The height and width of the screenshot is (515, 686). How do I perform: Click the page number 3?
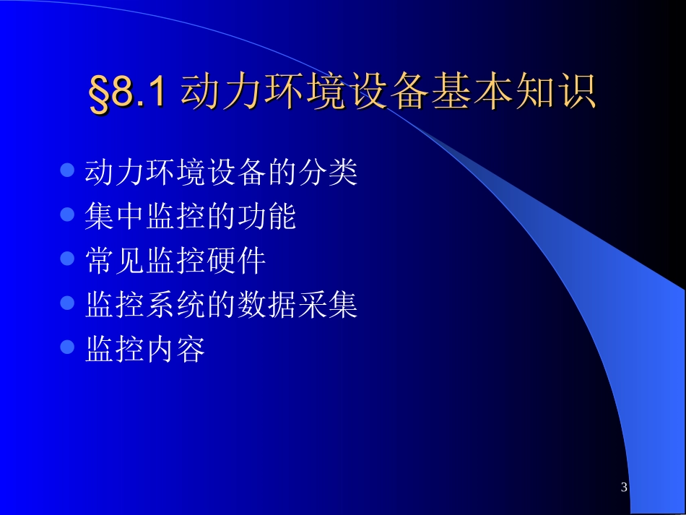(x=624, y=488)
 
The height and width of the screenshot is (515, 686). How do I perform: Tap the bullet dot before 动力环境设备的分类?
(x=67, y=170)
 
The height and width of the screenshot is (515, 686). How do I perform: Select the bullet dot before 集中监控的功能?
(x=67, y=215)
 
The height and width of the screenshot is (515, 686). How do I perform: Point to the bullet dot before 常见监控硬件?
(x=67, y=259)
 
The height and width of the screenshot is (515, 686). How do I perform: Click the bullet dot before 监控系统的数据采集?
(x=67, y=303)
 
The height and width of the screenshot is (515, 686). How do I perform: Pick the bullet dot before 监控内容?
(x=67, y=347)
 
